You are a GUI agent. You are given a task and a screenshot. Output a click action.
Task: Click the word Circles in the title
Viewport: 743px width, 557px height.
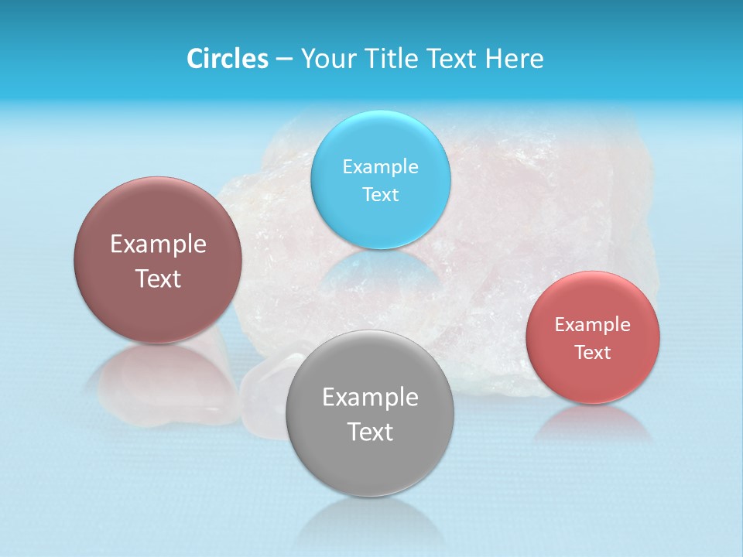click(x=227, y=59)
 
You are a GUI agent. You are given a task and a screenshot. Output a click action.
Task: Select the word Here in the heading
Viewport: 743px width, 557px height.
click(x=515, y=59)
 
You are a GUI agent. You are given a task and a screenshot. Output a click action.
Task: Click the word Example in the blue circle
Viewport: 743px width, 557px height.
click(x=381, y=167)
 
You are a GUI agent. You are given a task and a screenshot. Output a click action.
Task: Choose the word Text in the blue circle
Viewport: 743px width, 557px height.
click(x=381, y=195)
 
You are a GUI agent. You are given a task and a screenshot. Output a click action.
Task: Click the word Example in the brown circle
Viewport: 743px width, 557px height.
click(x=159, y=244)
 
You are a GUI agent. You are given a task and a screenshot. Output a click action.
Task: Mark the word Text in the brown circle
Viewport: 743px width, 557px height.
click(x=159, y=278)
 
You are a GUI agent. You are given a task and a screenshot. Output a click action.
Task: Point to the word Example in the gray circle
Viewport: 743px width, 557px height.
click(x=370, y=398)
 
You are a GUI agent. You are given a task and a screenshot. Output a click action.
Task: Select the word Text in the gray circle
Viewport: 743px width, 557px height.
click(x=370, y=432)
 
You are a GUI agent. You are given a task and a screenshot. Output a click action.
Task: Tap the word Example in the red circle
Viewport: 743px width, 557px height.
click(x=593, y=325)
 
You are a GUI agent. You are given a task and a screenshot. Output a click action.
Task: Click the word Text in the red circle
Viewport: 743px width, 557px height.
click(x=593, y=353)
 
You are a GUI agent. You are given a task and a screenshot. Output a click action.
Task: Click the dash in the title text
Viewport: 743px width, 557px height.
click(x=284, y=60)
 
